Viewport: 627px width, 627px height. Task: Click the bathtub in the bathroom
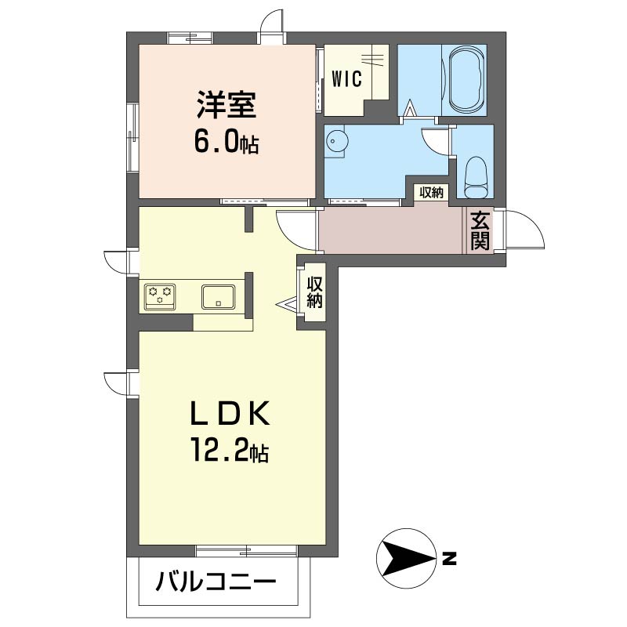point(464,81)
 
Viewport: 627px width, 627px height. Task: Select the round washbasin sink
point(335,141)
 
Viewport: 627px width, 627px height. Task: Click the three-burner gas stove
point(160,296)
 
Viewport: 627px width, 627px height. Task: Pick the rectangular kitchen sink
point(218,297)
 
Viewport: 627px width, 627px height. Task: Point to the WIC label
point(346,78)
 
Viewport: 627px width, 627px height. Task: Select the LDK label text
point(230,414)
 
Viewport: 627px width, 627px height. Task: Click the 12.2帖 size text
point(230,450)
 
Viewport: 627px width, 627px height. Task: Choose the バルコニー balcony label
point(216,582)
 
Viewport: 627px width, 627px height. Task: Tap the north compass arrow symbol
point(407,558)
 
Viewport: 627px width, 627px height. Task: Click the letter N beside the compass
point(449,559)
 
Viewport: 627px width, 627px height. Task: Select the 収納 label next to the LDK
point(314,292)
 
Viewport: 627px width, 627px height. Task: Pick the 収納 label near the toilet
point(432,192)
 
